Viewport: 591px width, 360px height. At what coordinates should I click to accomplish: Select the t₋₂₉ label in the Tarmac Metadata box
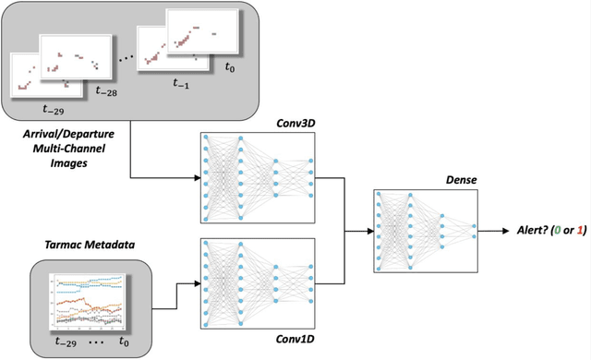[x=66, y=343]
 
